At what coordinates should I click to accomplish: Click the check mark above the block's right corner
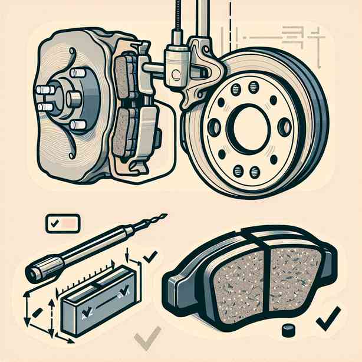pos(150,255)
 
